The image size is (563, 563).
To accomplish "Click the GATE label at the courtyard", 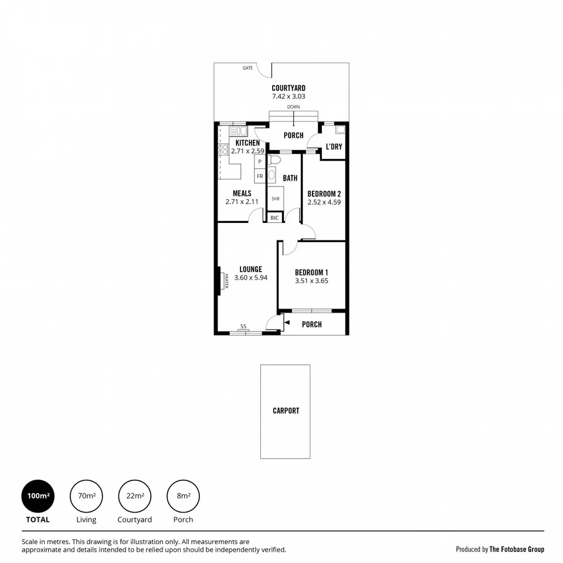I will point(247,68).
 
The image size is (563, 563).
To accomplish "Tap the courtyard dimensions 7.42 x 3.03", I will point(289,96).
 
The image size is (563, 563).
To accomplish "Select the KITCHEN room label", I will point(247,143).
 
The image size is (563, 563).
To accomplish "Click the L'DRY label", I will point(334,147).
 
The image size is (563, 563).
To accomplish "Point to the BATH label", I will point(290,178).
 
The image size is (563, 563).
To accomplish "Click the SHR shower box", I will point(276,199).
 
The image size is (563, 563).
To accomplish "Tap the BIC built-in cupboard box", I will point(274,218).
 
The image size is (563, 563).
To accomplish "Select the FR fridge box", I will point(260,176).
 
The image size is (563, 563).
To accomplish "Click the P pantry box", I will point(260,161).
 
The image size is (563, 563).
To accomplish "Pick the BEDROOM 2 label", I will point(324,194).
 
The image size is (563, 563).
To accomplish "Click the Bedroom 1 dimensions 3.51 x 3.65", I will point(311,281).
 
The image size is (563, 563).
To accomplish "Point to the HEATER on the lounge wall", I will point(223,281).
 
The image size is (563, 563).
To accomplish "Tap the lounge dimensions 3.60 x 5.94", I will point(250,278).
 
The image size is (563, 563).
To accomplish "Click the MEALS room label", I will point(242,194).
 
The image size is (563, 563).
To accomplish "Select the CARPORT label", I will point(286,411).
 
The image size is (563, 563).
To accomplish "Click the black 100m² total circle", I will point(38,496).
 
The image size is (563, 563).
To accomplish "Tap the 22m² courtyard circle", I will point(135,496).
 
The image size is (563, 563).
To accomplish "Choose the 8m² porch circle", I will point(183,496).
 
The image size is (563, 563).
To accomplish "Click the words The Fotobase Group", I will point(517,550).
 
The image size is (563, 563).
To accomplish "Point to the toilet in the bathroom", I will point(276,160).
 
